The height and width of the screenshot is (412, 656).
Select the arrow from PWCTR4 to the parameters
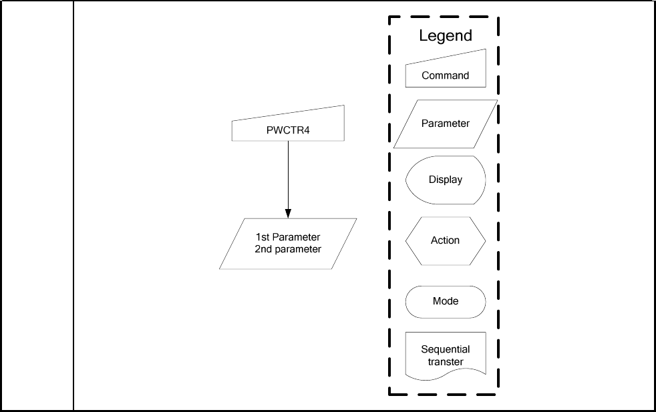click(288, 177)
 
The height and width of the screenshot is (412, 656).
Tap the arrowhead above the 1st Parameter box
click(288, 214)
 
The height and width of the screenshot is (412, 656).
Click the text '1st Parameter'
click(288, 237)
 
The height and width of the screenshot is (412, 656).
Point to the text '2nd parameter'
click(288, 249)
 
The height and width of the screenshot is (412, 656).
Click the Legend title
click(446, 36)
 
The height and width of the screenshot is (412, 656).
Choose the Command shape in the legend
click(446, 69)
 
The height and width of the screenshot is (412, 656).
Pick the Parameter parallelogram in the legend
click(446, 124)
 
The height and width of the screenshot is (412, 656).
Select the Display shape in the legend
click(446, 180)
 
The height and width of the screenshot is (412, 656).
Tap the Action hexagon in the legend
click(446, 240)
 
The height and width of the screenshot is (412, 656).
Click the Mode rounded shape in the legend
click(446, 301)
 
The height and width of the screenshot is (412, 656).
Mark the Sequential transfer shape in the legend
click(446, 356)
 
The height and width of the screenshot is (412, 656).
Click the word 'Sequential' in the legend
click(446, 349)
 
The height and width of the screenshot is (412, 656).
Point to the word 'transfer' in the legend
click(446, 362)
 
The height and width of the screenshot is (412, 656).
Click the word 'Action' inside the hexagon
click(446, 240)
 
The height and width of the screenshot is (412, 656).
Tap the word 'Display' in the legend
click(446, 180)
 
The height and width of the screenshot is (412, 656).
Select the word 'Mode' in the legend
click(446, 301)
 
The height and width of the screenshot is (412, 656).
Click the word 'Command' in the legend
click(446, 75)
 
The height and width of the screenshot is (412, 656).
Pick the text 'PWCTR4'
click(288, 130)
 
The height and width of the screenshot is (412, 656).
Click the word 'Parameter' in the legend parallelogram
click(446, 124)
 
